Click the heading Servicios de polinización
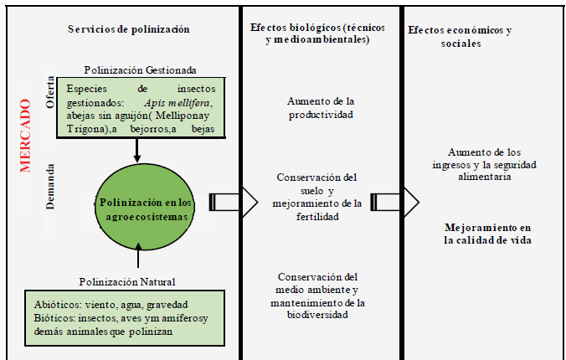tap(129, 29)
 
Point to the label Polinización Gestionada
tap(140, 69)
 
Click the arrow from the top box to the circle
tap(136, 150)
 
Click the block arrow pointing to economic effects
tap(397, 201)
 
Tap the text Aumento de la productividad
tap(320, 107)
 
